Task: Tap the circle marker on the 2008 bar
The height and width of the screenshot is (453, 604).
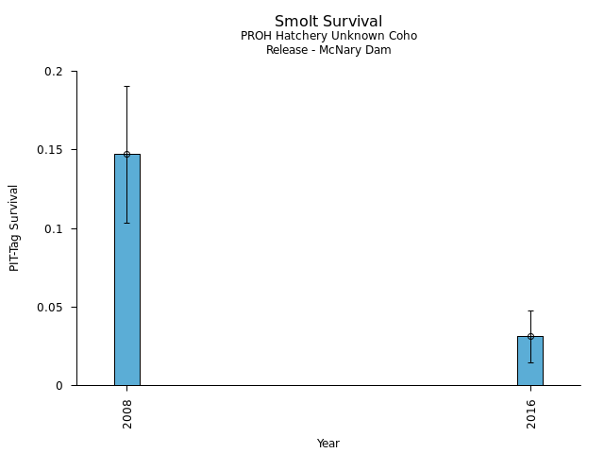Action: (x=126, y=154)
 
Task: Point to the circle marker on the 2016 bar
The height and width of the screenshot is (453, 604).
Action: (x=530, y=336)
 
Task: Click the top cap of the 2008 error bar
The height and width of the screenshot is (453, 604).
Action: (x=126, y=86)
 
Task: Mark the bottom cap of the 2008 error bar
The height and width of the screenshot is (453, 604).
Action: (x=126, y=223)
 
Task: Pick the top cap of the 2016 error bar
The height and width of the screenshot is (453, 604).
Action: (x=530, y=310)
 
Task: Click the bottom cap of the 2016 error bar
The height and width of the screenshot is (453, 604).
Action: (x=530, y=362)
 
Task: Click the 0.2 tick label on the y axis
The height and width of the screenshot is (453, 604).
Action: (x=54, y=72)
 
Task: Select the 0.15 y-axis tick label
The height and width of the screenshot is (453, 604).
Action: (x=51, y=150)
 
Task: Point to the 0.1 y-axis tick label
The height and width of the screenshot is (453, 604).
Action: (x=54, y=228)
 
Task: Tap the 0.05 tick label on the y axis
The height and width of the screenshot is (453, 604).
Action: (x=51, y=307)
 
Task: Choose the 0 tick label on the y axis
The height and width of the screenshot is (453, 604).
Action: (x=60, y=385)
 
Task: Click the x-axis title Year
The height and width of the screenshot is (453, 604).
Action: (x=327, y=444)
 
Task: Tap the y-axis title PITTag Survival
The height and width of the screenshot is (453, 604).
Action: (x=14, y=228)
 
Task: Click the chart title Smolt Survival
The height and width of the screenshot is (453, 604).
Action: (x=328, y=21)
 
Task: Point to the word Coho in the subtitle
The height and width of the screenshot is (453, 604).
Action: (x=401, y=36)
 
